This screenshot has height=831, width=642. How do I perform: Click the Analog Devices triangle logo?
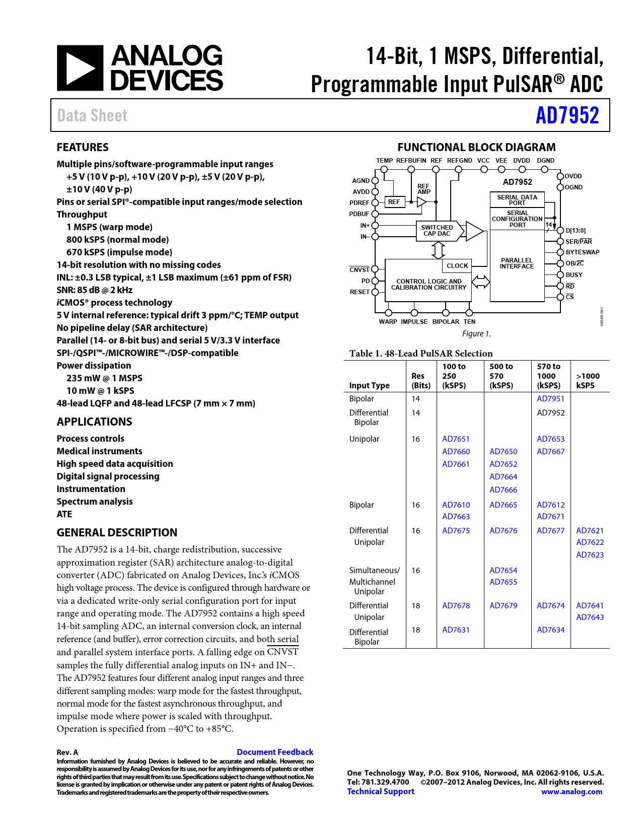(80, 68)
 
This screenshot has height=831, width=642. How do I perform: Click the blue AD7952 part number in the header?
(567, 115)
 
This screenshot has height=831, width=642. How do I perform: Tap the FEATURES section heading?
(83, 148)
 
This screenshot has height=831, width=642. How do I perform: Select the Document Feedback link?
(275, 752)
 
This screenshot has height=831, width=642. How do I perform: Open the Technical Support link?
(381, 791)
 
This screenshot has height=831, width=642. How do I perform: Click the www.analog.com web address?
(572, 792)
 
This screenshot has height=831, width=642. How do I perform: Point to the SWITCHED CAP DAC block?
(437, 231)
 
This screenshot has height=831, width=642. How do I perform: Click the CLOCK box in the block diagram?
(457, 266)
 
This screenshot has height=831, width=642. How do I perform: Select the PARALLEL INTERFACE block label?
(517, 263)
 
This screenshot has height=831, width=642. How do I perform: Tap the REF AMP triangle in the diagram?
(421, 202)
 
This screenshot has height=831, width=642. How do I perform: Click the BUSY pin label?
(574, 275)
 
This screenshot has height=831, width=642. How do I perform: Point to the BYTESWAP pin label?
(583, 252)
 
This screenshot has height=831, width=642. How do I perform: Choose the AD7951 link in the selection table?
(550, 399)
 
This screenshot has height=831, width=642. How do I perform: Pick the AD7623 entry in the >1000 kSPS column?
(590, 555)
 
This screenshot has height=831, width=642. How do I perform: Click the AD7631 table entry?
(456, 630)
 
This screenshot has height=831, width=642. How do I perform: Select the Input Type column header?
(369, 386)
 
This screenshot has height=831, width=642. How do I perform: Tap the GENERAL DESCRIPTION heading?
(117, 533)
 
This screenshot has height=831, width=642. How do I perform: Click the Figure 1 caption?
(476, 334)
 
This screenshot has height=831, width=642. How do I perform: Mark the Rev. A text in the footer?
(67, 752)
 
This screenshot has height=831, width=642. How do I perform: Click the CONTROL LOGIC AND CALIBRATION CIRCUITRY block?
(429, 285)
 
